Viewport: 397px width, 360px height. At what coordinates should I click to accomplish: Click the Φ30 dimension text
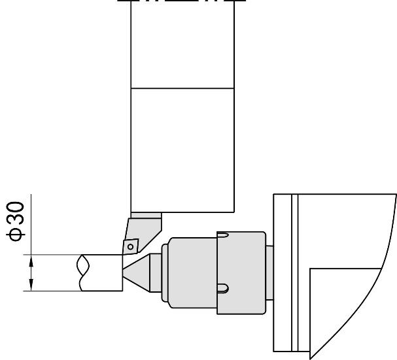coord(16,221)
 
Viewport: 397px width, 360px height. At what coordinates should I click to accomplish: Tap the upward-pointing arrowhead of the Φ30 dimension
coord(31,261)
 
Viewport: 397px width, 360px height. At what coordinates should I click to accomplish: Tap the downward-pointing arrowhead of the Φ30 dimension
coord(31,285)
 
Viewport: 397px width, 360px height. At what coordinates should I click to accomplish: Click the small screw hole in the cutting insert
coord(130,246)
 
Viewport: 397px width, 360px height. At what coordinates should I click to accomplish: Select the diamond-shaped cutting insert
coord(130,246)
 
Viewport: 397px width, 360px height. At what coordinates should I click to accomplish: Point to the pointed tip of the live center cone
coord(124,269)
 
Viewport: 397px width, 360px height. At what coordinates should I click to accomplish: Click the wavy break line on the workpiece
coord(83,272)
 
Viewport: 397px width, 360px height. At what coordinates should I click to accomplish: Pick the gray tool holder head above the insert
coord(143,233)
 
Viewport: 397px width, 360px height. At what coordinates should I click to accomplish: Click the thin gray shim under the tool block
coord(146,216)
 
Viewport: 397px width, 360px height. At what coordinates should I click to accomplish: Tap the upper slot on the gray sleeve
coord(223,235)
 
